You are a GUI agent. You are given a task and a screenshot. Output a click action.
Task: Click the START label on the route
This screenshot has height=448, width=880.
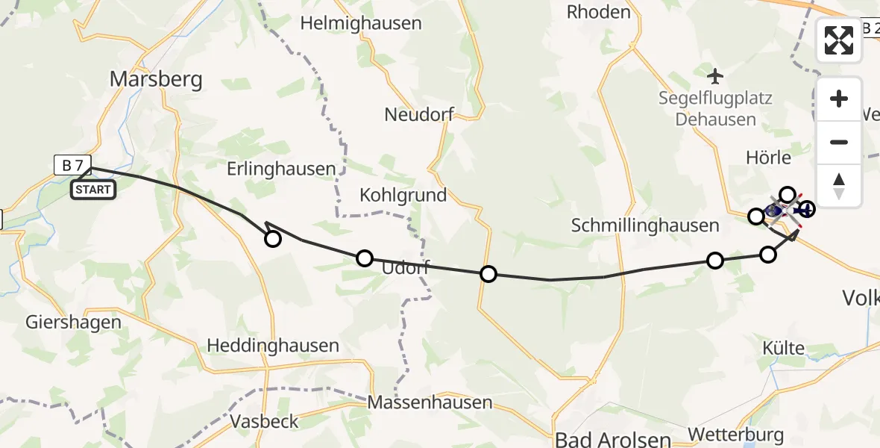click(x=93, y=190)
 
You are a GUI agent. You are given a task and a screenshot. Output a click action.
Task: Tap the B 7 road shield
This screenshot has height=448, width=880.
click(x=72, y=165)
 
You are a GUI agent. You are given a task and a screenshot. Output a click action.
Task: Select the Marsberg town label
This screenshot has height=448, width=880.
click(x=156, y=78)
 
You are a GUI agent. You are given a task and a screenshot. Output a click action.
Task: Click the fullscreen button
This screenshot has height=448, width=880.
click(x=839, y=40)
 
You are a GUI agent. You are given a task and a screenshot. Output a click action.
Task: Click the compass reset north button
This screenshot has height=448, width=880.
click(x=839, y=186)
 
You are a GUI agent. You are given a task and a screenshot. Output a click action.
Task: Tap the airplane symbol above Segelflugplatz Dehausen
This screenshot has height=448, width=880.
click(x=715, y=75)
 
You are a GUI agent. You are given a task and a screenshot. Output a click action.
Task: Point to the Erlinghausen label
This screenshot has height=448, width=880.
click(x=282, y=169)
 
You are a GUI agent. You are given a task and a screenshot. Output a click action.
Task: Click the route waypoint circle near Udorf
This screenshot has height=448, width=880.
click(x=364, y=258)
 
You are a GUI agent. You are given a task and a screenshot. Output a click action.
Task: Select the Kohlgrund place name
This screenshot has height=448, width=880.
click(x=403, y=196)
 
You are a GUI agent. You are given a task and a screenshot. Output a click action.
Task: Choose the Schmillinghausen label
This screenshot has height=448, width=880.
click(x=646, y=225)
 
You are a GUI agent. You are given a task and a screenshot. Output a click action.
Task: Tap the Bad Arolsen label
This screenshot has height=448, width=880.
click(x=612, y=438)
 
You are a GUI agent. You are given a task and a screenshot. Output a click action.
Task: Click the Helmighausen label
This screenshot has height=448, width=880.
click(x=361, y=23)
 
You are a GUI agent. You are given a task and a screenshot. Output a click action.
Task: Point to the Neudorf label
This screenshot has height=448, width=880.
click(x=419, y=114)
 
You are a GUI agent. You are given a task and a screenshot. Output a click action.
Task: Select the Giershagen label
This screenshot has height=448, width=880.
click(x=73, y=323)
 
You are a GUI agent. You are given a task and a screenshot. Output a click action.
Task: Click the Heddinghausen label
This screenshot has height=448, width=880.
click(x=273, y=346)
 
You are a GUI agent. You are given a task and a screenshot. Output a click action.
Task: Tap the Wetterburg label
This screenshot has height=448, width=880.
click(x=736, y=435)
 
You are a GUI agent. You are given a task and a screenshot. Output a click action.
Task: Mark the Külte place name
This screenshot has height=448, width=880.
click(x=784, y=348)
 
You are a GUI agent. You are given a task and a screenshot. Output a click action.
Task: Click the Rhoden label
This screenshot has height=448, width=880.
click(x=598, y=12)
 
